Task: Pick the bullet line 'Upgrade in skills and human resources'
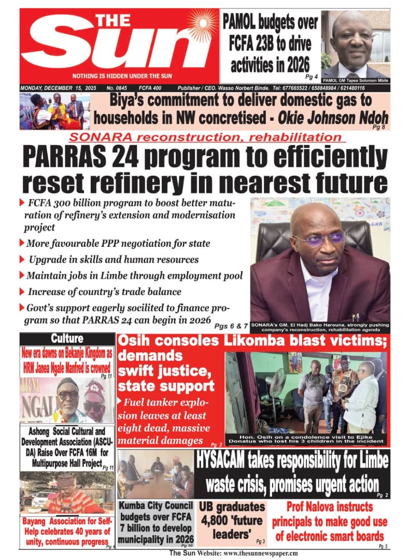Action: (114, 259)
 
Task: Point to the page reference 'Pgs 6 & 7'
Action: (230, 327)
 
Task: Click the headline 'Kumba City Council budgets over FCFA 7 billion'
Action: (156, 522)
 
